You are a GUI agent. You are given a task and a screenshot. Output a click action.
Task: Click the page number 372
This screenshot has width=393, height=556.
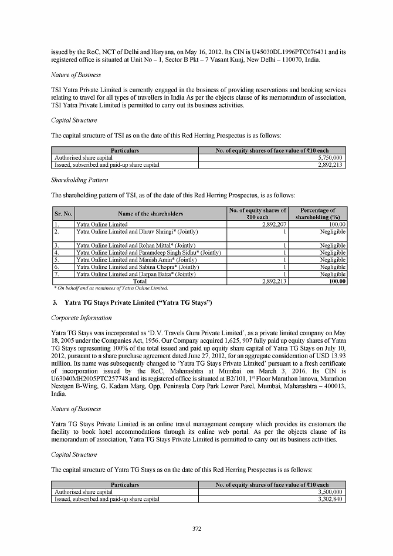[196, 529]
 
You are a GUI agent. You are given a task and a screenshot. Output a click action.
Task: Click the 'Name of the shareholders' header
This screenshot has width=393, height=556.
[150, 214]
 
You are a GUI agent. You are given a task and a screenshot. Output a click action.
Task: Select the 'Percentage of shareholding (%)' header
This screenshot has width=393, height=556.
[317, 214]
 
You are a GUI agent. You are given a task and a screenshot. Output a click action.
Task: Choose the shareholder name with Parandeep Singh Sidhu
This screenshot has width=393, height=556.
[148, 252]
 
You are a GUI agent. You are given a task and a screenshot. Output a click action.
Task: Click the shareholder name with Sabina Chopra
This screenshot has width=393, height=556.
[138, 267]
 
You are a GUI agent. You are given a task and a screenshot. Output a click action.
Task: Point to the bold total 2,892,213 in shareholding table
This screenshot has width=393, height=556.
[272, 281]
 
